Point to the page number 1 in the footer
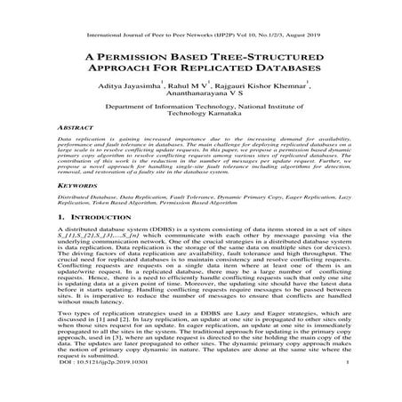(344, 389)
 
